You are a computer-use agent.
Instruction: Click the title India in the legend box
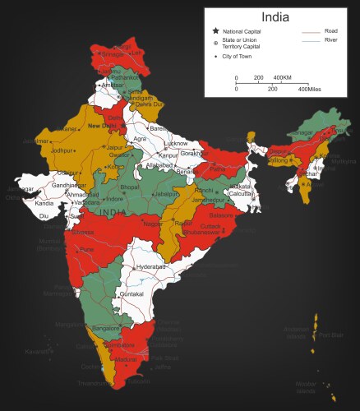pos(275,16)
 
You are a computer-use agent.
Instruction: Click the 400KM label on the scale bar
pos(282,77)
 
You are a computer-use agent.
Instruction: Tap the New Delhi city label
pos(104,126)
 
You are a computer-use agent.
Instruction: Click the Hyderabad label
pos(150,267)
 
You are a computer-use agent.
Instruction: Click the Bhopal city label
pos(130,187)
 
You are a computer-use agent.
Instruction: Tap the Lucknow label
pos(177,143)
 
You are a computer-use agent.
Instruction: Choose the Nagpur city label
pos(153,224)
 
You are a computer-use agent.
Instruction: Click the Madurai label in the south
pos(126,359)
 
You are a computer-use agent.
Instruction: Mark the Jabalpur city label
pos(167,194)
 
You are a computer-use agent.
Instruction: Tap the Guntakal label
pos(132,293)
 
